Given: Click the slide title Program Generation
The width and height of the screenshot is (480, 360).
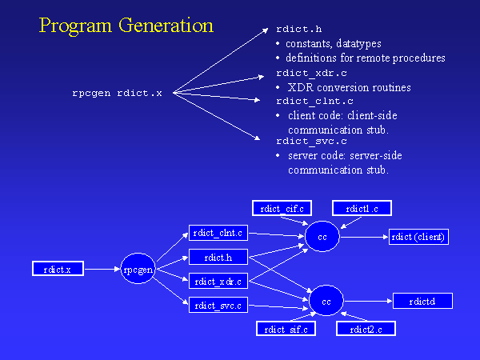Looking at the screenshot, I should tap(126, 26).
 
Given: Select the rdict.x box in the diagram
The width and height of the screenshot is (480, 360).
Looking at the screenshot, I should tap(58, 270).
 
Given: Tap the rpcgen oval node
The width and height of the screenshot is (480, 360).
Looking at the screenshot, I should tap(138, 270).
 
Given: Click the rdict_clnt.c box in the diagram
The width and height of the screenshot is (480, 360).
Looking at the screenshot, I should tap(218, 233).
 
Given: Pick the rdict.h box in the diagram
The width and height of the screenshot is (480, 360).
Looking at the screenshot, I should tap(218, 257).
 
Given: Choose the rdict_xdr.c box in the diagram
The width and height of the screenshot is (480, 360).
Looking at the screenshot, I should tap(218, 281).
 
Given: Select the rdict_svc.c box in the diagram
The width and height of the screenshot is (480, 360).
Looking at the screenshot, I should tap(218, 305).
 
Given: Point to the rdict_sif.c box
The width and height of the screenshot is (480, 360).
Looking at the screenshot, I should tap(286, 329).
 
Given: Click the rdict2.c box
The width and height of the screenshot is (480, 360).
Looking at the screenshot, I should tap(366, 329).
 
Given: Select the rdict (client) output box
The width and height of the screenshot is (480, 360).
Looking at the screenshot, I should tap(417, 236).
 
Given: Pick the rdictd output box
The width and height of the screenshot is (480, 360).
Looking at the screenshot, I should tap(422, 301).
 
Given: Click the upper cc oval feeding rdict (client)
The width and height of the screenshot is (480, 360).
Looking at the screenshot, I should tap(322, 238).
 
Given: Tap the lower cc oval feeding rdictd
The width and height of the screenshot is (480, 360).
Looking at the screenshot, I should tap(326, 302).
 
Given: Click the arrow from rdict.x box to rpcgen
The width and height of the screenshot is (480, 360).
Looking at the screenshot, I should tap(102, 270).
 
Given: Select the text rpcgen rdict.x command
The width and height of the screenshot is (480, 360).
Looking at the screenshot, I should tap(117, 94).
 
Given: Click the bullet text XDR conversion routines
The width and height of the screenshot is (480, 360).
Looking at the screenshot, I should tap(337, 86).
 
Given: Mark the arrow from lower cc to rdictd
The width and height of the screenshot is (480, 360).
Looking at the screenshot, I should tap(368, 301).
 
